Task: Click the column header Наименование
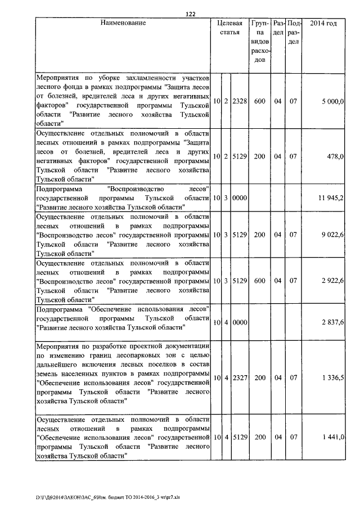[x=123, y=23]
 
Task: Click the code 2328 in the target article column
[x=240, y=101]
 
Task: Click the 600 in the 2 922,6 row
[x=259, y=281]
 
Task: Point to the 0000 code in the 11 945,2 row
[x=240, y=198]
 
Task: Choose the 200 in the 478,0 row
[x=259, y=156]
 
